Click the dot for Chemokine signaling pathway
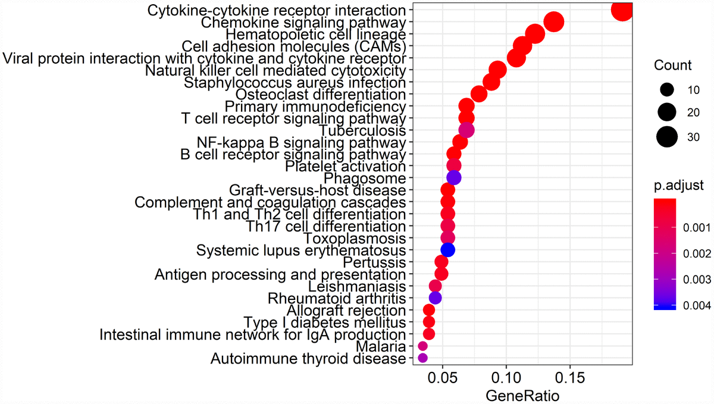tap(554, 23)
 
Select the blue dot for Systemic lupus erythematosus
tap(447, 250)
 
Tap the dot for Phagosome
tap(454, 178)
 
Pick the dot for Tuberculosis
tap(466, 130)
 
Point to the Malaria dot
tap(422, 346)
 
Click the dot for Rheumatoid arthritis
tap(435, 297)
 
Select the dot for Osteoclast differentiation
tap(479, 94)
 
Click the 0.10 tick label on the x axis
tap(506, 378)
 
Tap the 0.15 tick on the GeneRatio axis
tap(570, 378)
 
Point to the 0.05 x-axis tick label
tap(443, 378)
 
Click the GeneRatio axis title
tap(522, 394)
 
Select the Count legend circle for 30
tap(667, 137)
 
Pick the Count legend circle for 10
tap(667, 90)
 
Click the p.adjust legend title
tap(679, 186)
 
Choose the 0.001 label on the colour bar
tap(692, 227)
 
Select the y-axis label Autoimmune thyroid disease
tap(308, 358)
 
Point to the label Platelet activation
tap(346, 166)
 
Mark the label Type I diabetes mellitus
tap(325, 322)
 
